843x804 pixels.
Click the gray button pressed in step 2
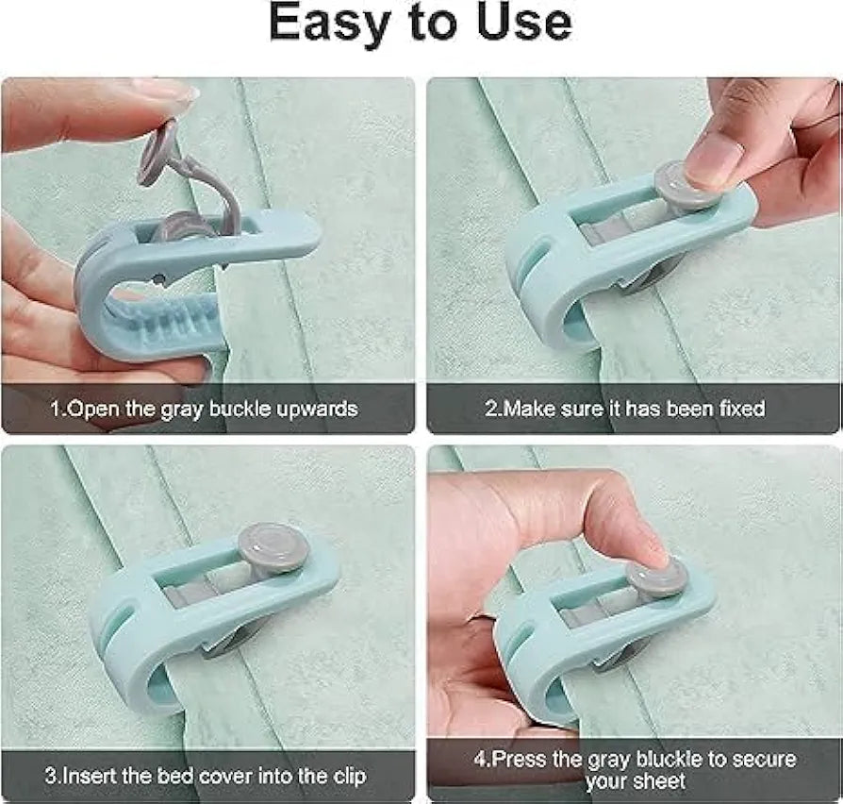677,184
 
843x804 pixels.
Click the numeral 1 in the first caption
55,409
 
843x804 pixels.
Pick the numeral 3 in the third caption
50,778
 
